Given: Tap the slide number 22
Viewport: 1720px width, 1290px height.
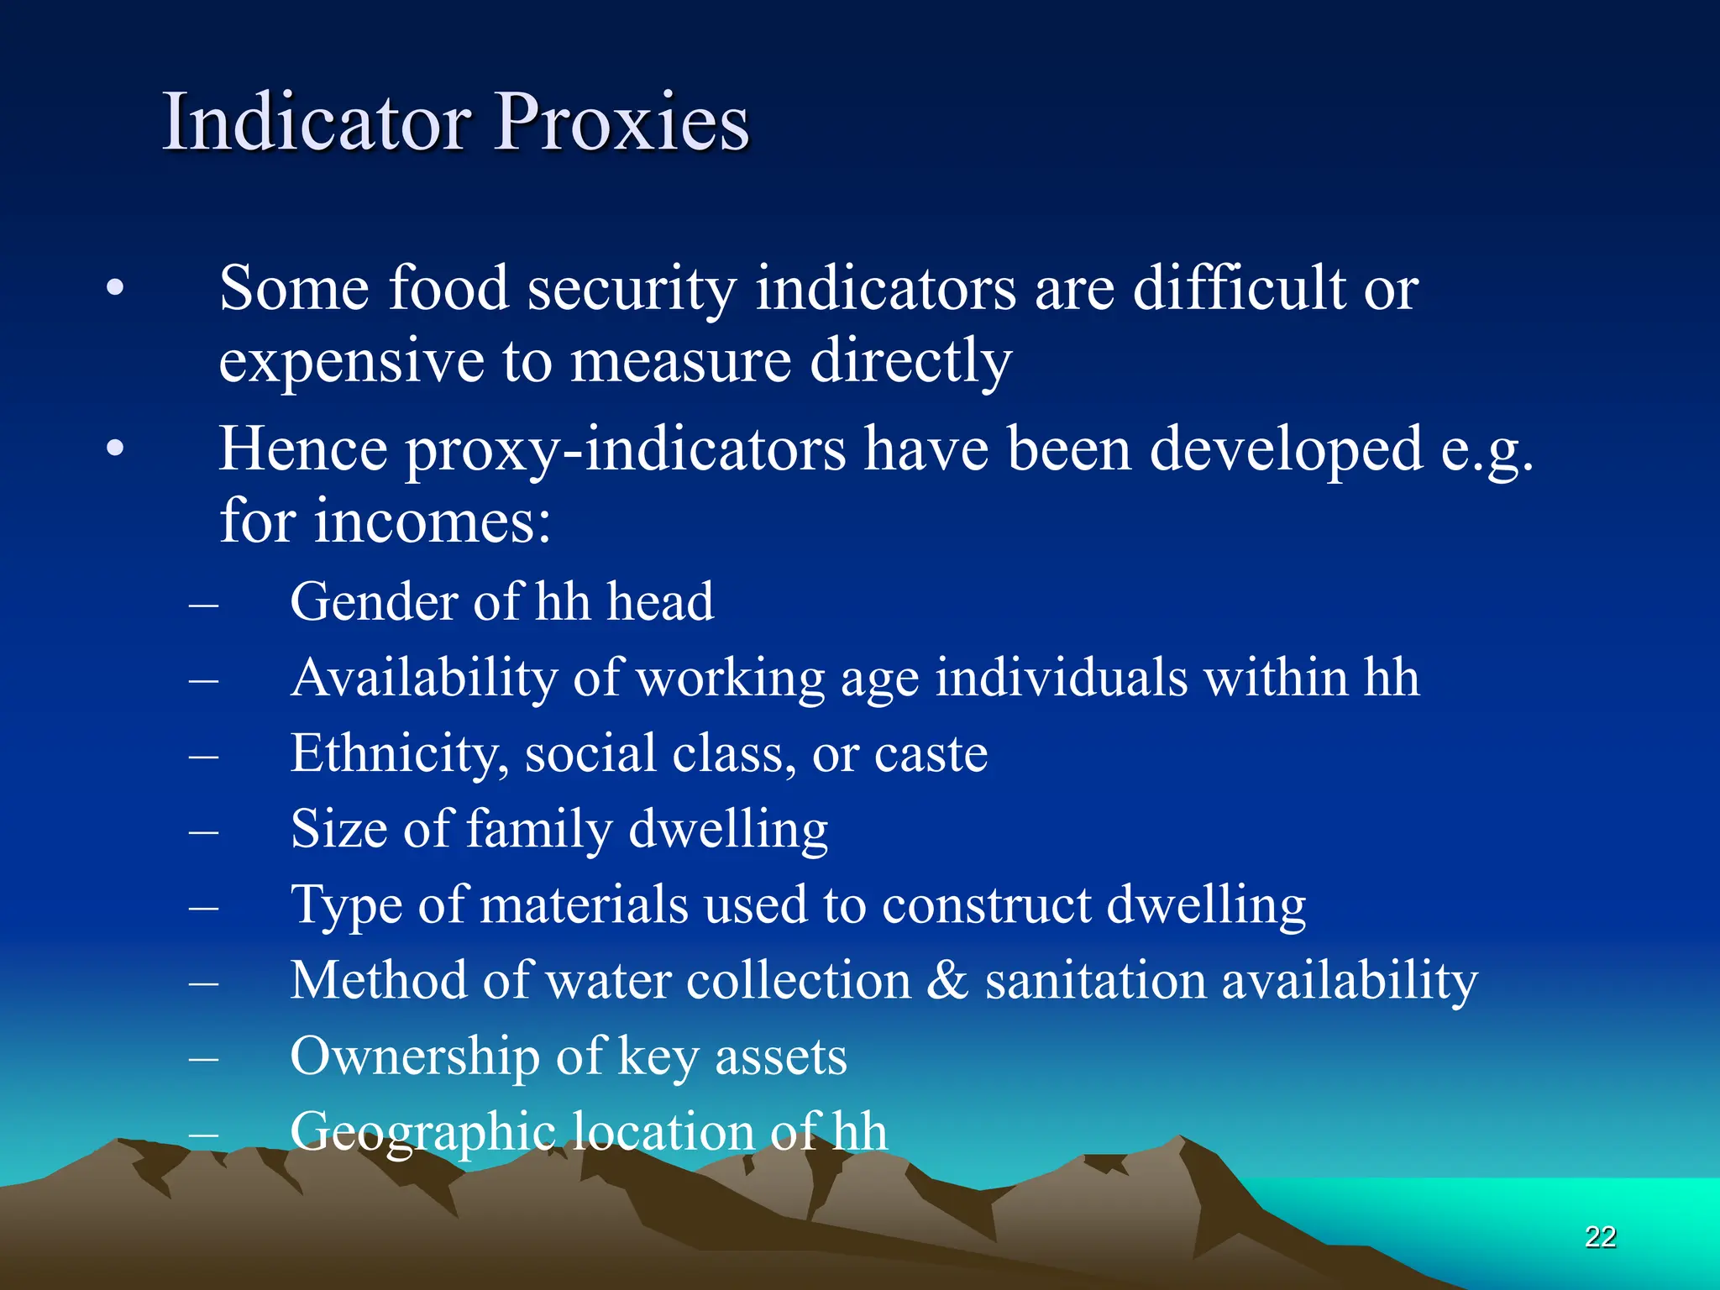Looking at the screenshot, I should (1600, 1236).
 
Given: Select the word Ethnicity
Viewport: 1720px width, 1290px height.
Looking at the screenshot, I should (399, 753).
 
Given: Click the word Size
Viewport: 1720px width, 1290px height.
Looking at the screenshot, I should (338, 829).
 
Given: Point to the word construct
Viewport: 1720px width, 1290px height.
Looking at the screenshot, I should (987, 905).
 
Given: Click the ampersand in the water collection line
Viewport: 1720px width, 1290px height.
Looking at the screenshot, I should (947, 980).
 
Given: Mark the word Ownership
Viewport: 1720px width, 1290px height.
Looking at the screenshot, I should (415, 1056).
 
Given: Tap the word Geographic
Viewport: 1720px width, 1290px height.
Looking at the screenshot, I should (422, 1132).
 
